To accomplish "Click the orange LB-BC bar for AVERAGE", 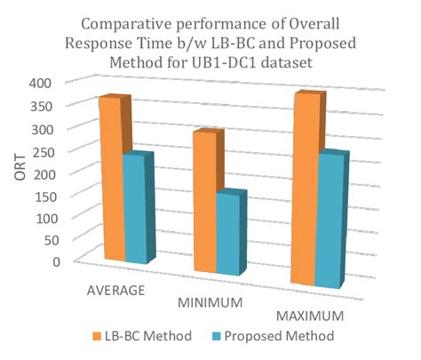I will coord(110,178).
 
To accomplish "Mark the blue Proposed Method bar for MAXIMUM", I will coord(330,222).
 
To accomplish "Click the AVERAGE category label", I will coord(115,291).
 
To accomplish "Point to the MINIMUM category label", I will coord(211,303).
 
